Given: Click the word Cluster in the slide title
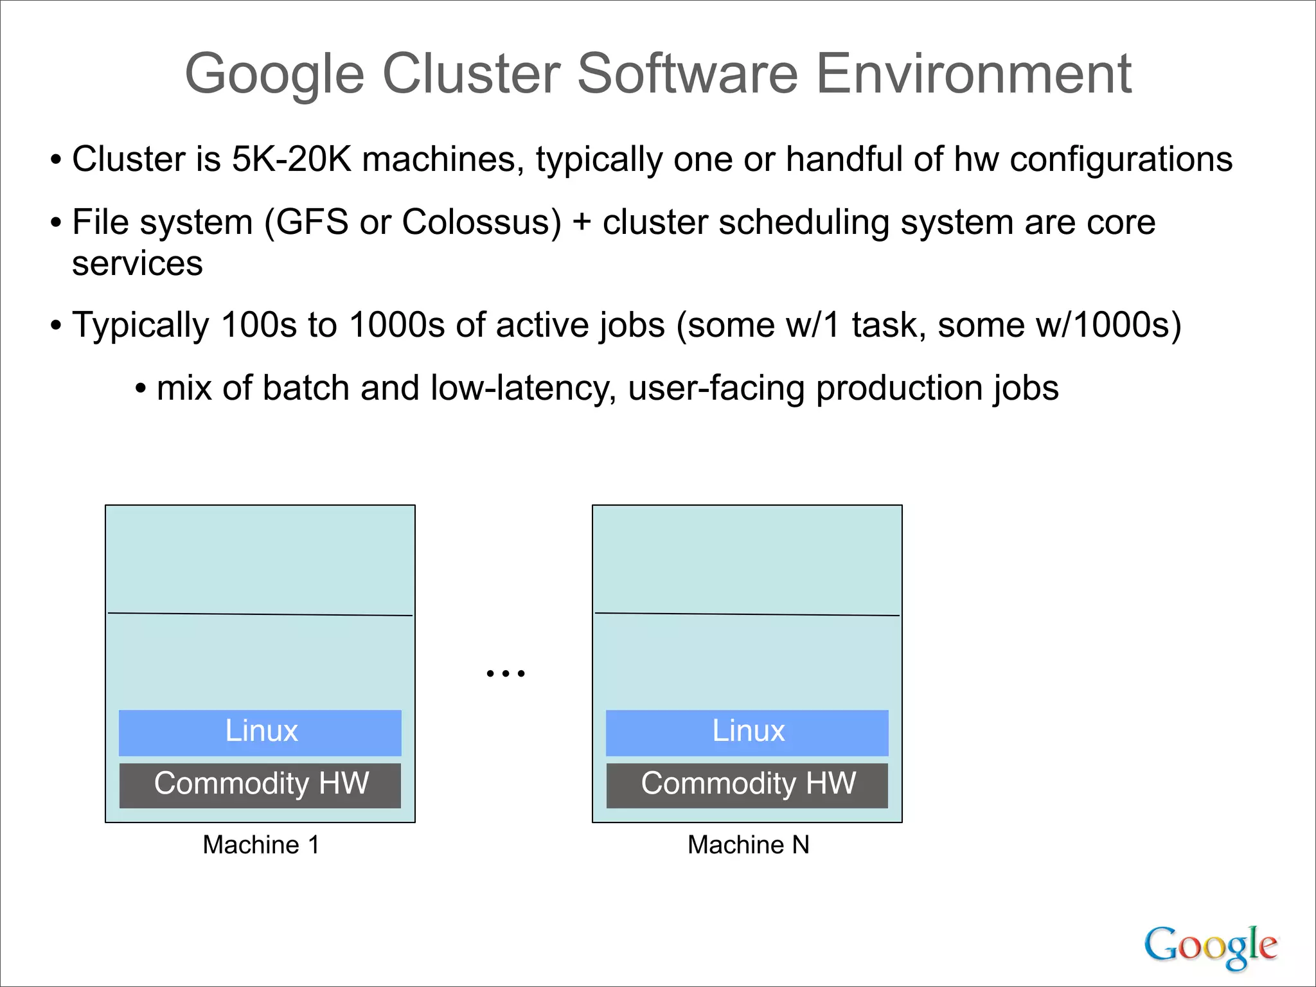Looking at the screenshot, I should tap(472, 74).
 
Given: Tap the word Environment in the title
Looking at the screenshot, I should tap(974, 74).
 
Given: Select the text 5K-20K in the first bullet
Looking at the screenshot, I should tap(291, 159).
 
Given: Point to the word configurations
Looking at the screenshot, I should tap(1121, 159).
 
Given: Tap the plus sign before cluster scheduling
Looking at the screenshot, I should tap(582, 222).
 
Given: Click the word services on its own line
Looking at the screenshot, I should tap(138, 263).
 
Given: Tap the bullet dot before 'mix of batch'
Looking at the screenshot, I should tap(141, 389).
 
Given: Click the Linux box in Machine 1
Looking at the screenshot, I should tap(260, 733).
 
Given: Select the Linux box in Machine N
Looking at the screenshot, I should tap(747, 733).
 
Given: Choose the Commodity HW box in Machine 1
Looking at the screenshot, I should tap(260, 785).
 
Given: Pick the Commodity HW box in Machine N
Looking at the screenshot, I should tap(747, 785).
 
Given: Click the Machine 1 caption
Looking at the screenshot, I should tap(261, 845).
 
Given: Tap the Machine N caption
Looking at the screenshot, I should tap(748, 845).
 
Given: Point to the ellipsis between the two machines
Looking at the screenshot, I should tap(506, 673).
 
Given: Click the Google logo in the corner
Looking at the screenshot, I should tap(1211, 947).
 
